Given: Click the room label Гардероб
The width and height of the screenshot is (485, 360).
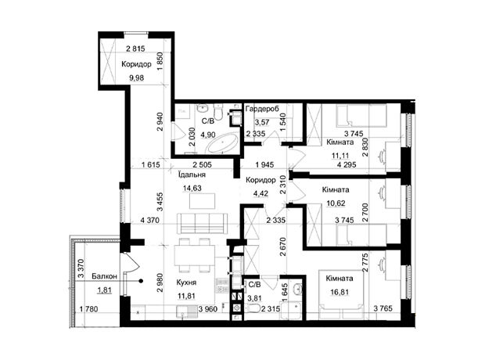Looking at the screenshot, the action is (262, 109).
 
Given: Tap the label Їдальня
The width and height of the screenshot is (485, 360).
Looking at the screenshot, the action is (192, 175).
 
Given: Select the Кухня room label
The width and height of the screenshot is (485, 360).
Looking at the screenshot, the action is (186, 283).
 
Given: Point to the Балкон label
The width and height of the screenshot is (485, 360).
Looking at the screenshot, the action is (105, 276).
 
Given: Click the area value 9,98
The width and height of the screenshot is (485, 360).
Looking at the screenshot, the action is (136, 77).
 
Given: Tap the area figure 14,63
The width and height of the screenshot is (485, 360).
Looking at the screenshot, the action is (192, 188).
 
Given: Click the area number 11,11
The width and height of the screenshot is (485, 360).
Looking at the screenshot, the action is (340, 156).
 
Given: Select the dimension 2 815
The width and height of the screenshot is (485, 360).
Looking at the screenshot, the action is (135, 49).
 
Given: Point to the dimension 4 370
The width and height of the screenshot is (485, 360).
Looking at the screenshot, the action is (150, 221).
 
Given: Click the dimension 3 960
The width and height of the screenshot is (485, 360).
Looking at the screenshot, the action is (208, 308).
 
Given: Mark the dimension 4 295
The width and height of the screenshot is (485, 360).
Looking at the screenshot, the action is (347, 164).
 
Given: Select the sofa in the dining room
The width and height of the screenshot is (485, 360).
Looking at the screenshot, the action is (202, 223).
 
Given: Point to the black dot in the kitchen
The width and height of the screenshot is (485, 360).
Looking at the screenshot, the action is (141, 281).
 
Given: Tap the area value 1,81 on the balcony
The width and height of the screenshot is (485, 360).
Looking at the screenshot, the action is (105, 290).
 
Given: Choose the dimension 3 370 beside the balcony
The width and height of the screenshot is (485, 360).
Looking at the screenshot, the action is (81, 269).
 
